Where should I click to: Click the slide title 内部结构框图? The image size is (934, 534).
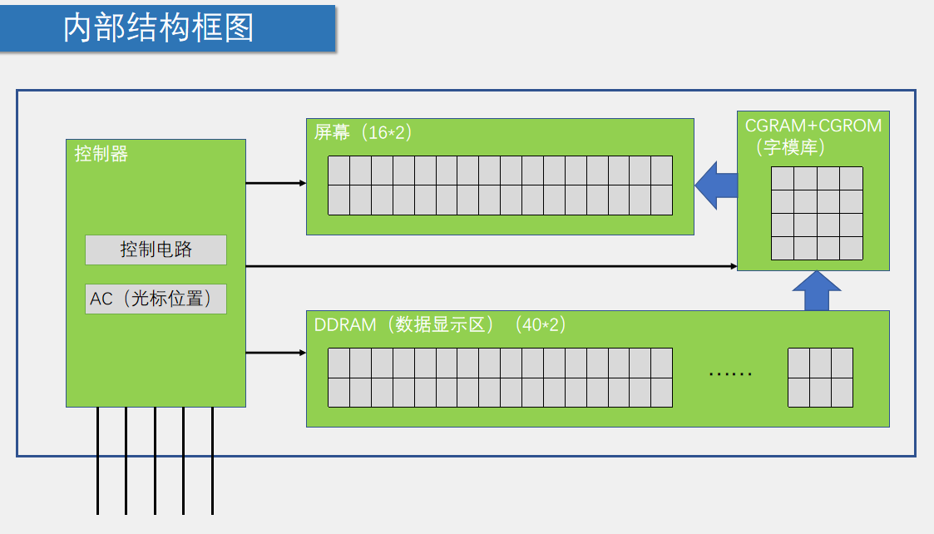158,28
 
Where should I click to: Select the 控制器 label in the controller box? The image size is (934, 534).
101,154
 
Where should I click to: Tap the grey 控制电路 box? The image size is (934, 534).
156,250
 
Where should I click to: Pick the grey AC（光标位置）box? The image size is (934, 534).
156,299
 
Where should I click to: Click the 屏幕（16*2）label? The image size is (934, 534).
363,132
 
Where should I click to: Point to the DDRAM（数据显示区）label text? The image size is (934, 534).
404,324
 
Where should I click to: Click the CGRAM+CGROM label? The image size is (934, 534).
813,126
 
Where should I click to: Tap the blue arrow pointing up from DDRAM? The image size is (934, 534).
816,290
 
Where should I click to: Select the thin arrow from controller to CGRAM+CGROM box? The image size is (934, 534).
491,266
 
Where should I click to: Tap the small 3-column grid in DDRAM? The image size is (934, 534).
820,377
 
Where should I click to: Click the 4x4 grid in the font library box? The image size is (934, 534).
816,213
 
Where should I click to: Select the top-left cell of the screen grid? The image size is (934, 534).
339,171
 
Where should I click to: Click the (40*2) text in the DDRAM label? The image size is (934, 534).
541,324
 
